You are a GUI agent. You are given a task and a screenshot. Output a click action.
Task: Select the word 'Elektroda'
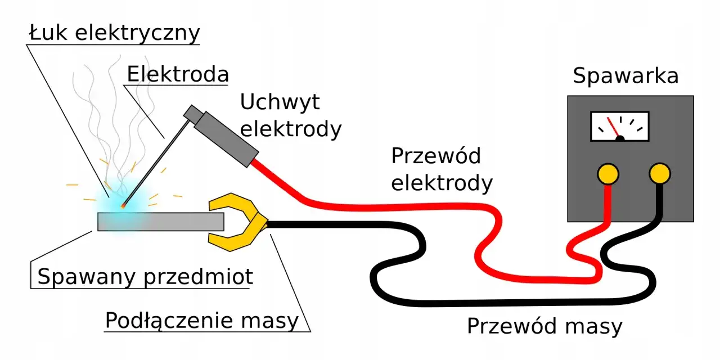[x=178, y=74]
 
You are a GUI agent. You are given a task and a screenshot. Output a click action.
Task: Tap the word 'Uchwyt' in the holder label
[x=280, y=102]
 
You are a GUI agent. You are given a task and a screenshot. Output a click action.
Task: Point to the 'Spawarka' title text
[x=625, y=76]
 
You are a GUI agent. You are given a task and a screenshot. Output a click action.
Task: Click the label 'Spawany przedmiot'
[x=145, y=277]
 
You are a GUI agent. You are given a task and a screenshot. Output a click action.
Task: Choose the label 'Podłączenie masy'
[x=202, y=321]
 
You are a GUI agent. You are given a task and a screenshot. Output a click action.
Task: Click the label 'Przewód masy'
[x=544, y=326]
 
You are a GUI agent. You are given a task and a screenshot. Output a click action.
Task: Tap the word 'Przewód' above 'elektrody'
[x=436, y=156]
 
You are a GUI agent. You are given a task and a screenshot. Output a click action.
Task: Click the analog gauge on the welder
[x=619, y=126]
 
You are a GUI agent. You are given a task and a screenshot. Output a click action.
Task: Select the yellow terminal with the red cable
[x=608, y=174]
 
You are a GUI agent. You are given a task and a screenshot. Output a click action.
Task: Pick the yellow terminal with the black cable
[x=659, y=174]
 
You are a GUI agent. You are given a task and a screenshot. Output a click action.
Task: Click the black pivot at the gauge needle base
[x=620, y=138]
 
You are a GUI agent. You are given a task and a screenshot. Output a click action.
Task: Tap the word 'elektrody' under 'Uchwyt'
[x=291, y=129]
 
